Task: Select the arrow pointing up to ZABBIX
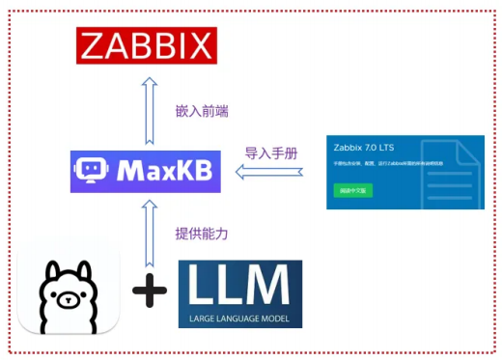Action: [x=148, y=105]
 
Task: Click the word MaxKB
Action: [x=160, y=173]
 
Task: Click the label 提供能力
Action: [x=202, y=234]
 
